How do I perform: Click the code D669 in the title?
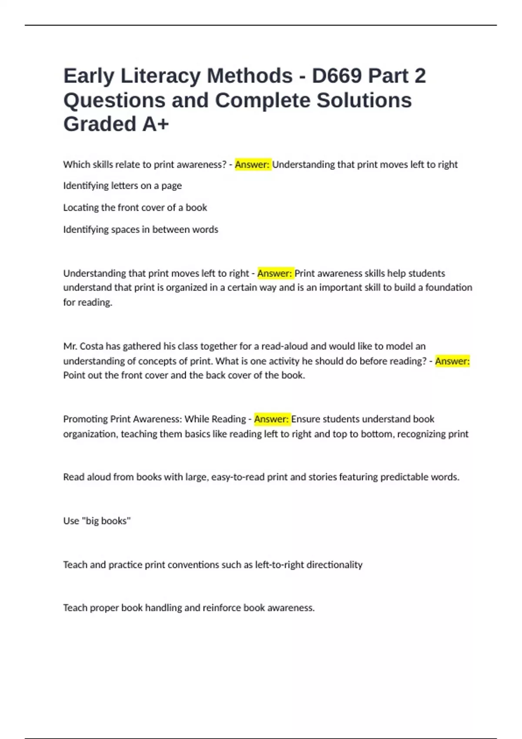tap(337, 76)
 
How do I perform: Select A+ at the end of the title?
tap(155, 124)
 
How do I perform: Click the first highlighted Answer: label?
tap(252, 164)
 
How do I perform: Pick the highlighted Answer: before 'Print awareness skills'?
tap(275, 273)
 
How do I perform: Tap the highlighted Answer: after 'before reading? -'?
tap(452, 361)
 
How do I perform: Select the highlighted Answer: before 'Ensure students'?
tap(271, 419)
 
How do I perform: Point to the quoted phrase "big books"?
tap(106, 520)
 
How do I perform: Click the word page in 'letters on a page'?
tap(171, 186)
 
